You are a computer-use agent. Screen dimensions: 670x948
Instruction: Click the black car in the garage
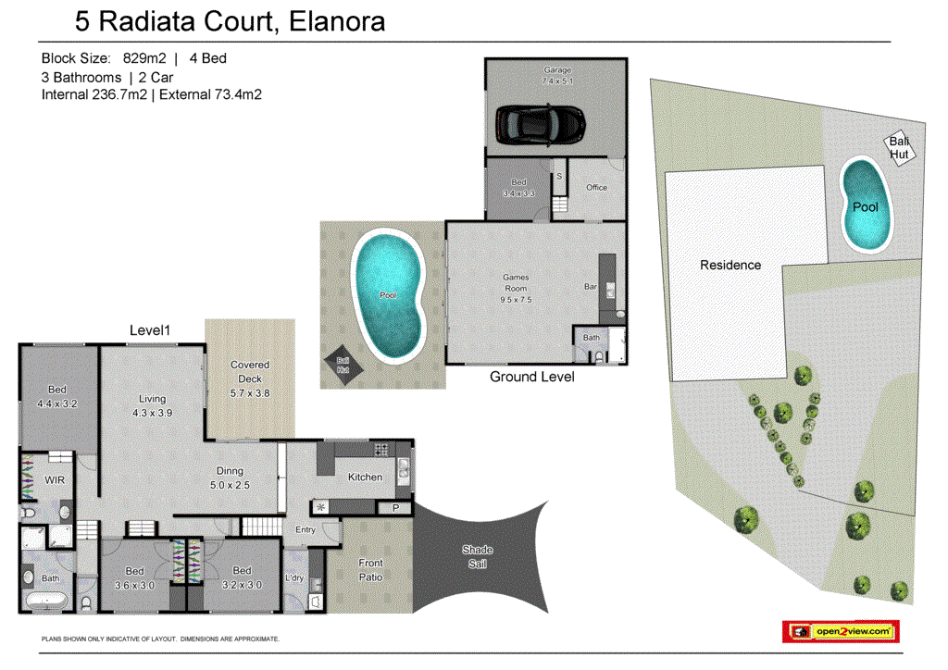[x=540, y=124]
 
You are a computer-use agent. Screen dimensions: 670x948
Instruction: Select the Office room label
[x=597, y=188]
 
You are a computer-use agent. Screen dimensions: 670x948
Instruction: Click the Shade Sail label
[x=478, y=556]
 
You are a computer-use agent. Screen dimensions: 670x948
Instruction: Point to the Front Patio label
[x=370, y=570]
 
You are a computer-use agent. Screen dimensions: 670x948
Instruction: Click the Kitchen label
[x=365, y=478]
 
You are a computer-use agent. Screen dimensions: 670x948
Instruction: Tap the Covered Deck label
[x=250, y=372]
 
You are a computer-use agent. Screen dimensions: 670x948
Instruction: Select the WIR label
[x=54, y=479]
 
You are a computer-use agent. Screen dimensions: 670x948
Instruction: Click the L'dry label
[x=295, y=578]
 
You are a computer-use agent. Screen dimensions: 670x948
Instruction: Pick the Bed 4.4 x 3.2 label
[x=56, y=398]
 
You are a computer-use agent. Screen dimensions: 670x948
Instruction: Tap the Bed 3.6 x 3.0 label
[x=135, y=578]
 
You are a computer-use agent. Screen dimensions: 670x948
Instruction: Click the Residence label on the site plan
[x=730, y=265]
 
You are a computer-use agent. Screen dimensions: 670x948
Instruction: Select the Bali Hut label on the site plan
[x=899, y=147]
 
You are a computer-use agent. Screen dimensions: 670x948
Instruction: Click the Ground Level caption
[x=531, y=377]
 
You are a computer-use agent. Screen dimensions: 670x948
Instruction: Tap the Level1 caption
[x=152, y=329]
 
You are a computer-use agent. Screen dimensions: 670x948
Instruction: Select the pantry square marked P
[x=395, y=508]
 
